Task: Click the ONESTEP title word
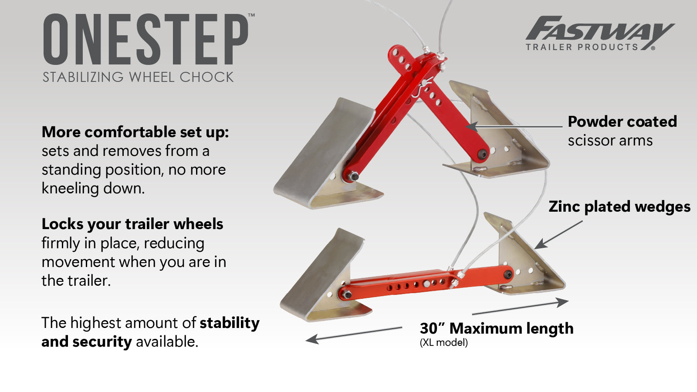coord(146,39)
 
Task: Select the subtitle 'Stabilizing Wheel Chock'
coord(138,77)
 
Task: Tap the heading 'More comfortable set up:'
coord(135,132)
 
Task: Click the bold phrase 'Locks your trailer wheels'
coord(132,224)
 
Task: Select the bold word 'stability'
coord(230,323)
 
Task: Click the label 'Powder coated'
coord(622,122)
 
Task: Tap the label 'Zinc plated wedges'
coord(619,206)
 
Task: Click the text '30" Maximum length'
coord(496,328)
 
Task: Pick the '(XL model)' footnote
coord(443,343)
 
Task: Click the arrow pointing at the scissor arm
coord(514,127)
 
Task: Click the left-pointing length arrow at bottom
coord(353,334)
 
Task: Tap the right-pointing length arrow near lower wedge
coord(521,307)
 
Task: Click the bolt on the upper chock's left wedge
coord(354,176)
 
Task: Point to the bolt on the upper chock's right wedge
coord(482,154)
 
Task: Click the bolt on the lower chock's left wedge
coord(347,295)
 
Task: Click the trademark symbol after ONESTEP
coord(251,15)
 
